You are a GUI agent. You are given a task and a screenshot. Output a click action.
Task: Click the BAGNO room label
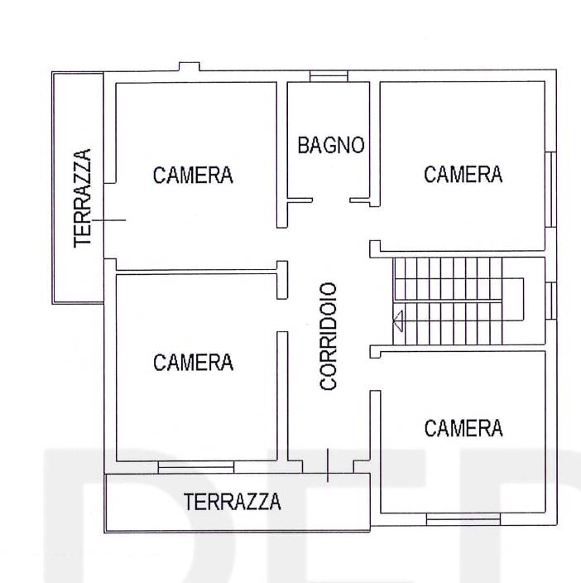[331, 145]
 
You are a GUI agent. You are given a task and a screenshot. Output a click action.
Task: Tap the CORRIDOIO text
[329, 336]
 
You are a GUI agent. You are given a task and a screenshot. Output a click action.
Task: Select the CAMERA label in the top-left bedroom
[193, 175]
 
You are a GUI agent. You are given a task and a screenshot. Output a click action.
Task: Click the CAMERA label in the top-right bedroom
[463, 174]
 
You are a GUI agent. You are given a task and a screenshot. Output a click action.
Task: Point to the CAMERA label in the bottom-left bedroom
[193, 362]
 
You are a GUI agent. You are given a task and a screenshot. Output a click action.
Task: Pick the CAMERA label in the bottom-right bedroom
[463, 428]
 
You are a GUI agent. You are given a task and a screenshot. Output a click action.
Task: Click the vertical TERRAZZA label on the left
[83, 198]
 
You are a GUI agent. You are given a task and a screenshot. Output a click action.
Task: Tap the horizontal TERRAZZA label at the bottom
[233, 502]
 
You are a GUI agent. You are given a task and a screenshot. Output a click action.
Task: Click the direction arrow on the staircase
[398, 320]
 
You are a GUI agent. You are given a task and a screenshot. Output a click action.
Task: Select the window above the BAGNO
[329, 76]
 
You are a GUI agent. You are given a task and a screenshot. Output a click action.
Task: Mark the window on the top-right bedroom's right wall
[551, 190]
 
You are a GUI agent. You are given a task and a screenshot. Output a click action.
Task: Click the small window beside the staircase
[551, 301]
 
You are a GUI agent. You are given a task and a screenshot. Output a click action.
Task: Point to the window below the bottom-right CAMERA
[463, 518]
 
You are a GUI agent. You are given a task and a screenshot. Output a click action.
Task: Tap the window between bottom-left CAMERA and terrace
[196, 467]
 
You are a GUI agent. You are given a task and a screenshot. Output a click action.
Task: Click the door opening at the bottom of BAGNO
[331, 200]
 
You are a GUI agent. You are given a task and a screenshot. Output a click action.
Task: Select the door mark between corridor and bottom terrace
[327, 465]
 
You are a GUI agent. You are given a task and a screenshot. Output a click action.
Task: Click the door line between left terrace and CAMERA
[109, 220]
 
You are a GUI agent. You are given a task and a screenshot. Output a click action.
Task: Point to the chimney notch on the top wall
[189, 66]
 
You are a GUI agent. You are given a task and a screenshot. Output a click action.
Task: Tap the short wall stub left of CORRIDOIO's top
[282, 280]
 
